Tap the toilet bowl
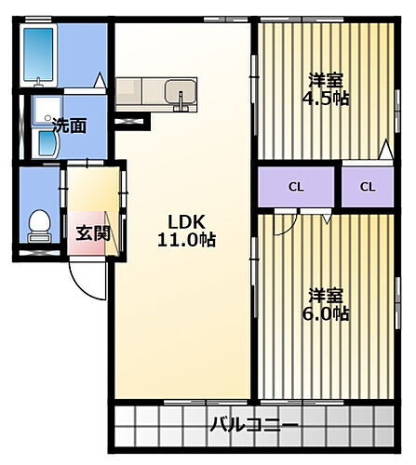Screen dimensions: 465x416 (x=39, y=224)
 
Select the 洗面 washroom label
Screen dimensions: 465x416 (x=69, y=126)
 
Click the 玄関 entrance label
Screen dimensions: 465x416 (x=92, y=232)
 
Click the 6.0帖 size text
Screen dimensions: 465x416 (x=328, y=313)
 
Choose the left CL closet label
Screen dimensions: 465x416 (x=295, y=187)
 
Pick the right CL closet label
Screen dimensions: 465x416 (x=369, y=187)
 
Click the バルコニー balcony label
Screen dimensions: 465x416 (x=253, y=426)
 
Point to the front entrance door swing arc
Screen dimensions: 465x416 (x=89, y=283)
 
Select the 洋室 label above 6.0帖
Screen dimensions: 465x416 (x=327, y=295)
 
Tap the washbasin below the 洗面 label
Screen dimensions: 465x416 (x=41, y=141)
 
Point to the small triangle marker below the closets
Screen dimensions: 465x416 (x=327, y=219)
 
